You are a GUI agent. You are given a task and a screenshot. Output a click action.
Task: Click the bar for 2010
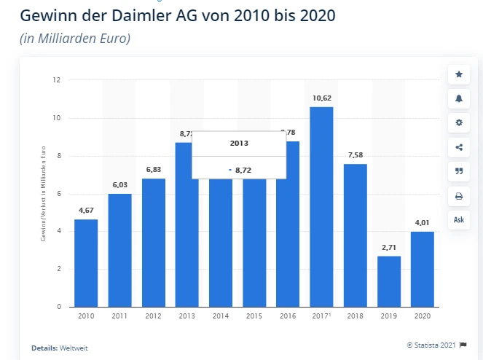click(86, 263)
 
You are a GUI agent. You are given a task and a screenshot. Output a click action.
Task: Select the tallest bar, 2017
click(321, 207)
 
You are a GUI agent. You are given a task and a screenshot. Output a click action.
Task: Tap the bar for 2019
click(389, 281)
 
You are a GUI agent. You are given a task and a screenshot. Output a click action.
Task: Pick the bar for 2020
click(423, 269)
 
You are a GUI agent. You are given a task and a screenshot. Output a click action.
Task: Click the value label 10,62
click(321, 97)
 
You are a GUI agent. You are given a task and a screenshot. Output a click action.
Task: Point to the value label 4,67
click(86, 210)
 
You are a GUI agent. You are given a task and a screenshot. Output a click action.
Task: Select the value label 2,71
click(389, 246)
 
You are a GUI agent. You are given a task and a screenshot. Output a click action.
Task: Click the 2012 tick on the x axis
click(153, 316)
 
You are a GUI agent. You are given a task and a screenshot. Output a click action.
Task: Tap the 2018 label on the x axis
click(355, 316)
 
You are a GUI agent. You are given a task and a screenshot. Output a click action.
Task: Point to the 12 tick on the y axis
click(57, 80)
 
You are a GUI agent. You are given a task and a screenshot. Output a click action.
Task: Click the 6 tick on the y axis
click(58, 194)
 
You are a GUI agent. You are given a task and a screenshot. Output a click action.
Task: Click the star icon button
click(459, 74)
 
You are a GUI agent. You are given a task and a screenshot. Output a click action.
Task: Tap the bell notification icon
click(459, 98)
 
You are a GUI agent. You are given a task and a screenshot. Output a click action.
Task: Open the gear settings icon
click(459, 122)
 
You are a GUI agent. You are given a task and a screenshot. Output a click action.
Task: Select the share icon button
click(459, 147)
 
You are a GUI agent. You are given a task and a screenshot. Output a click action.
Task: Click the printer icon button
click(459, 195)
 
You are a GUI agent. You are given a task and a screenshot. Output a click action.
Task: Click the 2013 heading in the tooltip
click(239, 144)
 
